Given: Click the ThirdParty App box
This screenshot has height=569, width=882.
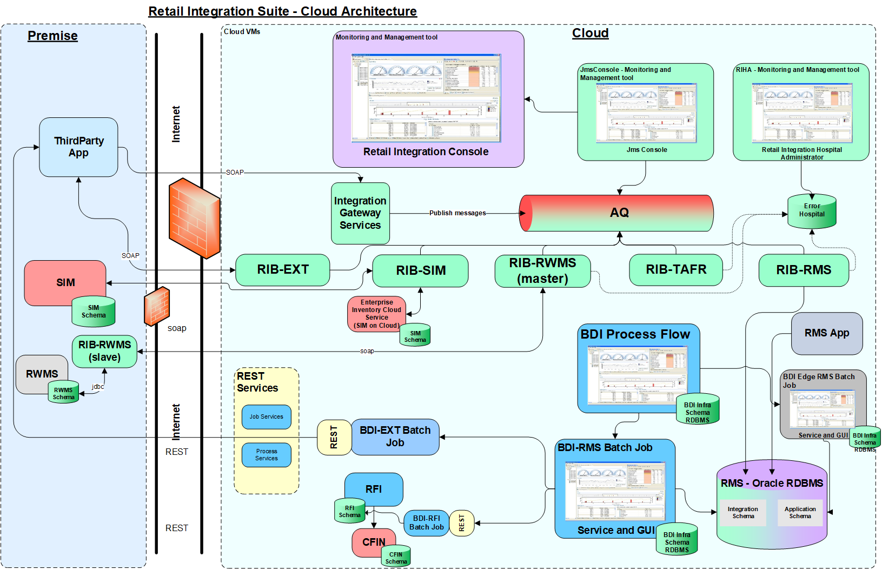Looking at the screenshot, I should pyautogui.click(x=78, y=147).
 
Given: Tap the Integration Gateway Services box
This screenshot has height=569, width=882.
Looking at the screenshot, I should pyautogui.click(x=360, y=213).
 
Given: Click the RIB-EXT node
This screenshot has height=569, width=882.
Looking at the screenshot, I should pyautogui.click(x=282, y=269).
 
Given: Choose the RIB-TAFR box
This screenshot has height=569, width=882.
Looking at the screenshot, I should pyautogui.click(x=675, y=269).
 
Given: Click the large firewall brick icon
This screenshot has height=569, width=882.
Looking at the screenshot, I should pyautogui.click(x=194, y=217).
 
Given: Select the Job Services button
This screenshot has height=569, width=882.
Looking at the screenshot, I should pyautogui.click(x=266, y=417).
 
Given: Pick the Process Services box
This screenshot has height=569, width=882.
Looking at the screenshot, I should pyautogui.click(x=266, y=454).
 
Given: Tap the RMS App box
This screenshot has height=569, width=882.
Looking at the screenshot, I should pyautogui.click(x=826, y=333).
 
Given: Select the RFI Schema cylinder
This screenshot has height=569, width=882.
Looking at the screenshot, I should pyautogui.click(x=349, y=511).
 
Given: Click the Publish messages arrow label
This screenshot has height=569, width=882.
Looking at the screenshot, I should pyautogui.click(x=457, y=213).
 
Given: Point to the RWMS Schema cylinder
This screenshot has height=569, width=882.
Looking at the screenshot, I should pyautogui.click(x=63, y=393).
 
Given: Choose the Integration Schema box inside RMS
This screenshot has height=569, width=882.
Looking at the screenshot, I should pyautogui.click(x=742, y=512).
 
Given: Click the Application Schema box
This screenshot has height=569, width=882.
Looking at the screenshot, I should pyautogui.click(x=800, y=512).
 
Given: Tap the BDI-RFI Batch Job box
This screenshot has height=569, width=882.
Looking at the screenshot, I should pyautogui.click(x=426, y=522).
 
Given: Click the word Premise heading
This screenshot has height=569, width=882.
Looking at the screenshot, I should pyautogui.click(x=52, y=36).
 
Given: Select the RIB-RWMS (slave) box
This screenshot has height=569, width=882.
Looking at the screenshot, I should pyautogui.click(x=104, y=351).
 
